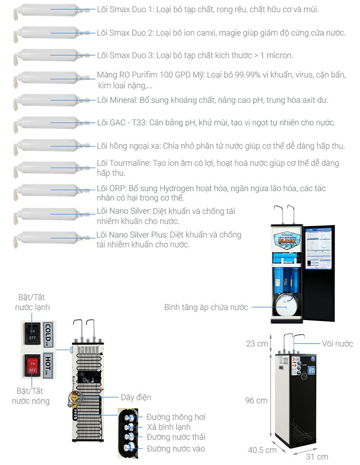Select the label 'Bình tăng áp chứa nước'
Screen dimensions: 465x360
tap(206, 307)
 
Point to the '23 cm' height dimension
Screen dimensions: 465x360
tap(257, 344)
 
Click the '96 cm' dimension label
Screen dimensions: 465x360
tap(256, 400)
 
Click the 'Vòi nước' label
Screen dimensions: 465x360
tap(337, 344)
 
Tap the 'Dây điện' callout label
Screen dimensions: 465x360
tap(136, 397)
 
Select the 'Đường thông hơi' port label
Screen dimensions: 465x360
tap(176, 417)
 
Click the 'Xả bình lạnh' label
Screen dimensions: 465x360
tap(168, 427)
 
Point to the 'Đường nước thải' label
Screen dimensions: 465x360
tap(176, 437)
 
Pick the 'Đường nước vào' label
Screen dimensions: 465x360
tap(176, 448)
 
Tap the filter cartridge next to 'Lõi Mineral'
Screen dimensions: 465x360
tap(49, 100)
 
